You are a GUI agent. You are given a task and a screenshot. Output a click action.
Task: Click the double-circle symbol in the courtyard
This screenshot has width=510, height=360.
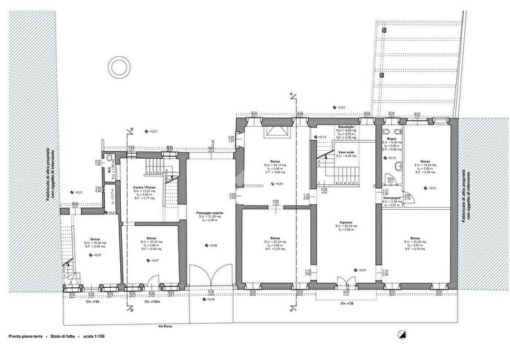[117, 67]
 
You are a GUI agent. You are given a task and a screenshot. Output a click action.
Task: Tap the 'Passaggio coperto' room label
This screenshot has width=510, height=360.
[208, 213]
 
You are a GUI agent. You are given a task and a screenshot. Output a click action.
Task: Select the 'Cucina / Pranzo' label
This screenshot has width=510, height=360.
[142, 187]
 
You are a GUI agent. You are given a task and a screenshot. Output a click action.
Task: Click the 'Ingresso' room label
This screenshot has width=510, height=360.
[346, 222]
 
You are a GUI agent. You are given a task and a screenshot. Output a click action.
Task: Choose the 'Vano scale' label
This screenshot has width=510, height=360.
[346, 152]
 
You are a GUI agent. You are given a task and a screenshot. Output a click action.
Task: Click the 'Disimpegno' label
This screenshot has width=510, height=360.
[392, 197]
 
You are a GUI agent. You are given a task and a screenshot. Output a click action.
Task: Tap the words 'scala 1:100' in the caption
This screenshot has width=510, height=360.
[95, 337]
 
